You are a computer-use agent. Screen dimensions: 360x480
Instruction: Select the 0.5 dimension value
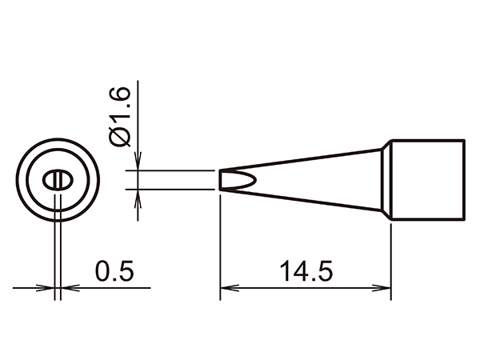coord(113,271)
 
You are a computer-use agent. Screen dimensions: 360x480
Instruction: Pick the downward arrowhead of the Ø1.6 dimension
coord(139,163)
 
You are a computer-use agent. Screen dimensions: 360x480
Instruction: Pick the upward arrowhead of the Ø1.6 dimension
coord(139,195)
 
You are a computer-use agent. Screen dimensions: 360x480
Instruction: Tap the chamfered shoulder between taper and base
coord(385,179)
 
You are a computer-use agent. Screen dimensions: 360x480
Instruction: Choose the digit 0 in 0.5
coord(102,271)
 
